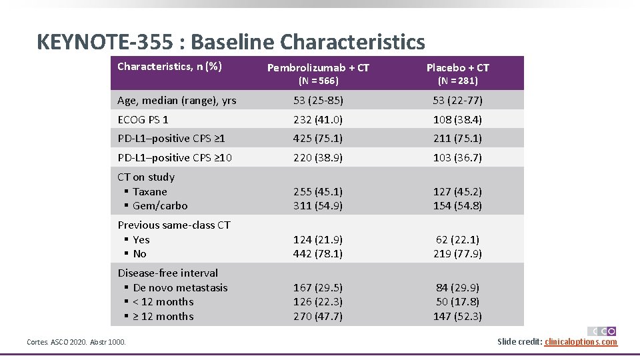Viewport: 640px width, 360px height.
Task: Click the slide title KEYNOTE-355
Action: (230, 42)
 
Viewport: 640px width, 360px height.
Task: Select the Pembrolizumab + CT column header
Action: (318, 67)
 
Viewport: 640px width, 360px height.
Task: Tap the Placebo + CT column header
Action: (457, 67)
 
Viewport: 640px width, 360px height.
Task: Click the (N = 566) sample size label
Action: (318, 81)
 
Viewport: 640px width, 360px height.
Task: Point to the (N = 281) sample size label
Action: (457, 81)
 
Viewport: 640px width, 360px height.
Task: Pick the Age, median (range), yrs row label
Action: (177, 101)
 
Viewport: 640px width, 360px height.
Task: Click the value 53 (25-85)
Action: (318, 101)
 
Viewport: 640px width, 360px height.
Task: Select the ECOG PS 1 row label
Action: (143, 120)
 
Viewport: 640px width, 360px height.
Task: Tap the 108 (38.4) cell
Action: (457, 120)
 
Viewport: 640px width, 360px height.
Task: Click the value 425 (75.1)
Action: (318, 139)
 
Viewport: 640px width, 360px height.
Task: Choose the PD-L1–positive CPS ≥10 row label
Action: (175, 158)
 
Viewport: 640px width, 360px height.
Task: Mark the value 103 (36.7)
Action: (457, 158)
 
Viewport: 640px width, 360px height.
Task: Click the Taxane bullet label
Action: (149, 191)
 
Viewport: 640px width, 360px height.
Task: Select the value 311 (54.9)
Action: (318, 205)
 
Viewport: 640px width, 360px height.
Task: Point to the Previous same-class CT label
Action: (174, 225)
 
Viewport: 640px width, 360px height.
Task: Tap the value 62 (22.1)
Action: (457, 239)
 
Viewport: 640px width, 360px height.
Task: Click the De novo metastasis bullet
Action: (179, 288)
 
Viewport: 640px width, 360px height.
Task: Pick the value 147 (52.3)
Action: (457, 316)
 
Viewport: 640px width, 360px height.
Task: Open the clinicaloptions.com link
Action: (581, 342)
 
